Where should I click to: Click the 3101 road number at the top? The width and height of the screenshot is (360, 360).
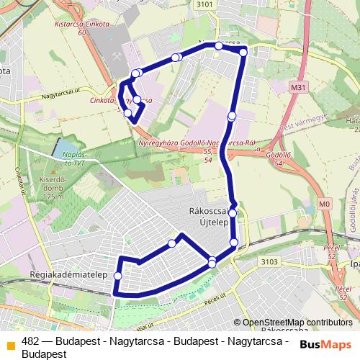point(204,4)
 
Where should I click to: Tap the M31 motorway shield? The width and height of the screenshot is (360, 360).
point(300,86)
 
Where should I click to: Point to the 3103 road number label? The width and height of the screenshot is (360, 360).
point(269,262)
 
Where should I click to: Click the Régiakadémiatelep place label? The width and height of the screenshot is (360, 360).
point(69,275)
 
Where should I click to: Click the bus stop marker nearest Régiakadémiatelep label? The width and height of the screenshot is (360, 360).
point(118,276)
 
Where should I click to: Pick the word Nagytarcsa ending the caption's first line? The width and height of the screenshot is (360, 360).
point(264,342)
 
